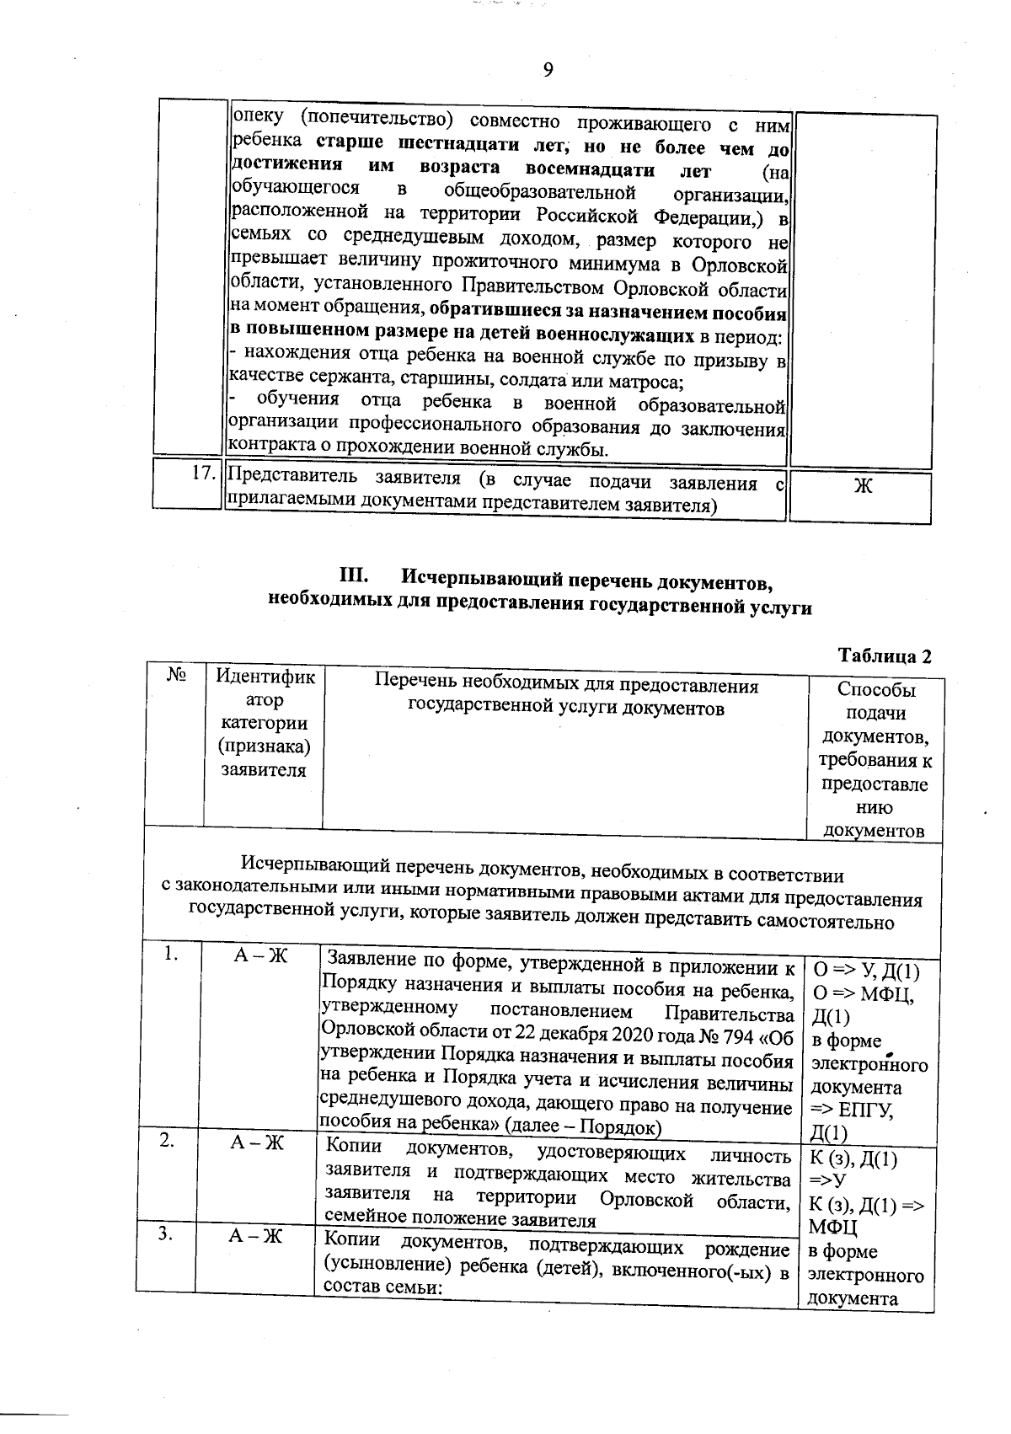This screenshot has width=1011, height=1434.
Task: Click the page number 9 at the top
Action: (x=548, y=69)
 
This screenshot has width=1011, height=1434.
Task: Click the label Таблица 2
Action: (x=885, y=656)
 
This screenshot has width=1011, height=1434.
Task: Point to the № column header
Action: (x=176, y=675)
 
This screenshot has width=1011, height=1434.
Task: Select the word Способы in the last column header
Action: (x=876, y=690)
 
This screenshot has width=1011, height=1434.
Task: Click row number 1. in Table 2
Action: (x=172, y=954)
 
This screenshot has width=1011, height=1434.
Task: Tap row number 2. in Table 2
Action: (x=168, y=1139)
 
